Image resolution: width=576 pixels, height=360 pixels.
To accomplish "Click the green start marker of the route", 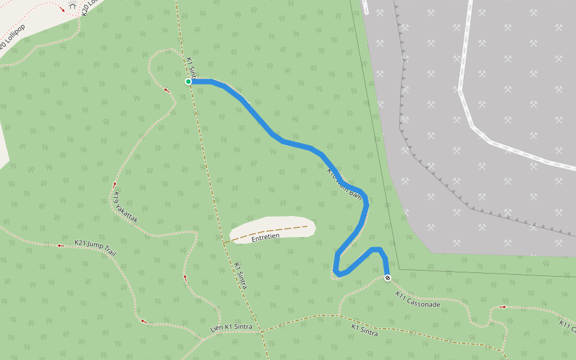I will coord(188,82).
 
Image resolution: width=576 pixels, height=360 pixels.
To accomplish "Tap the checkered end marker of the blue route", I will coord(388,278).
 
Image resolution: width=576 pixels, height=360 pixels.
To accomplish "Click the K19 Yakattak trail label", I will coord(125,208).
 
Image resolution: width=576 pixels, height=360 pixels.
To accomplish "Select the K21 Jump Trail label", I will coord(94,247).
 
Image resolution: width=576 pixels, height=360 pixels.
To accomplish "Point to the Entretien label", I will coord(266,237).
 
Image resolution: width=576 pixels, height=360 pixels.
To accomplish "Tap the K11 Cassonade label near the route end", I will coord(418,299).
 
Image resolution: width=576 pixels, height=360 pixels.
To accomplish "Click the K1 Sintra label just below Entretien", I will coord(240,275).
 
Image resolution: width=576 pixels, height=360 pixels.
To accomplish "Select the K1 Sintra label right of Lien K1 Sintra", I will coord(365,329).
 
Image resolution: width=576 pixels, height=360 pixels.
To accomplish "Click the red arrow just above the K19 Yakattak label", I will coord(114,184).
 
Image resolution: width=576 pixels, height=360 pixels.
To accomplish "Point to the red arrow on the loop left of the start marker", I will coord(167,91).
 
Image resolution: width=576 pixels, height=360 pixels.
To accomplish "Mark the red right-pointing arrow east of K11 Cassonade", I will coord(503,307).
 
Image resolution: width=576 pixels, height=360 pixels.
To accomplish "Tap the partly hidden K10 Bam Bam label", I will coord(344,184).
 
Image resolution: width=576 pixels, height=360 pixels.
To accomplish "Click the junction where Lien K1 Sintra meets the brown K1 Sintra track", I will coord(260,331).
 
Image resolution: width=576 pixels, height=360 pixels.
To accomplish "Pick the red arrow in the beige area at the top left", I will coord(63,10).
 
